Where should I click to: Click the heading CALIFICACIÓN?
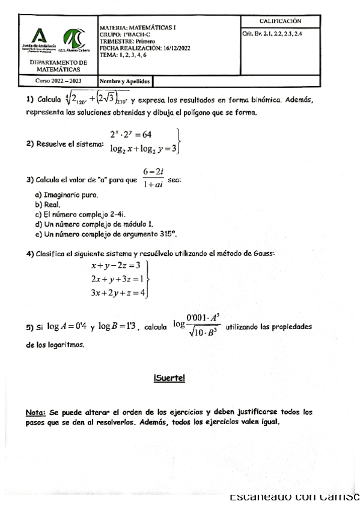pos(281,22)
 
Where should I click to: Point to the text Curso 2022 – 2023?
pos(58,80)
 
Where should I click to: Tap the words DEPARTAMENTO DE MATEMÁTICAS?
pos(58,66)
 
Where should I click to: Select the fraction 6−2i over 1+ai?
pos(154,179)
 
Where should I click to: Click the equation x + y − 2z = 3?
pos(115,265)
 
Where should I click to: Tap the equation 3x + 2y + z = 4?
pos(117,293)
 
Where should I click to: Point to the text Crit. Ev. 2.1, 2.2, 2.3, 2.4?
pos(272,34)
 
